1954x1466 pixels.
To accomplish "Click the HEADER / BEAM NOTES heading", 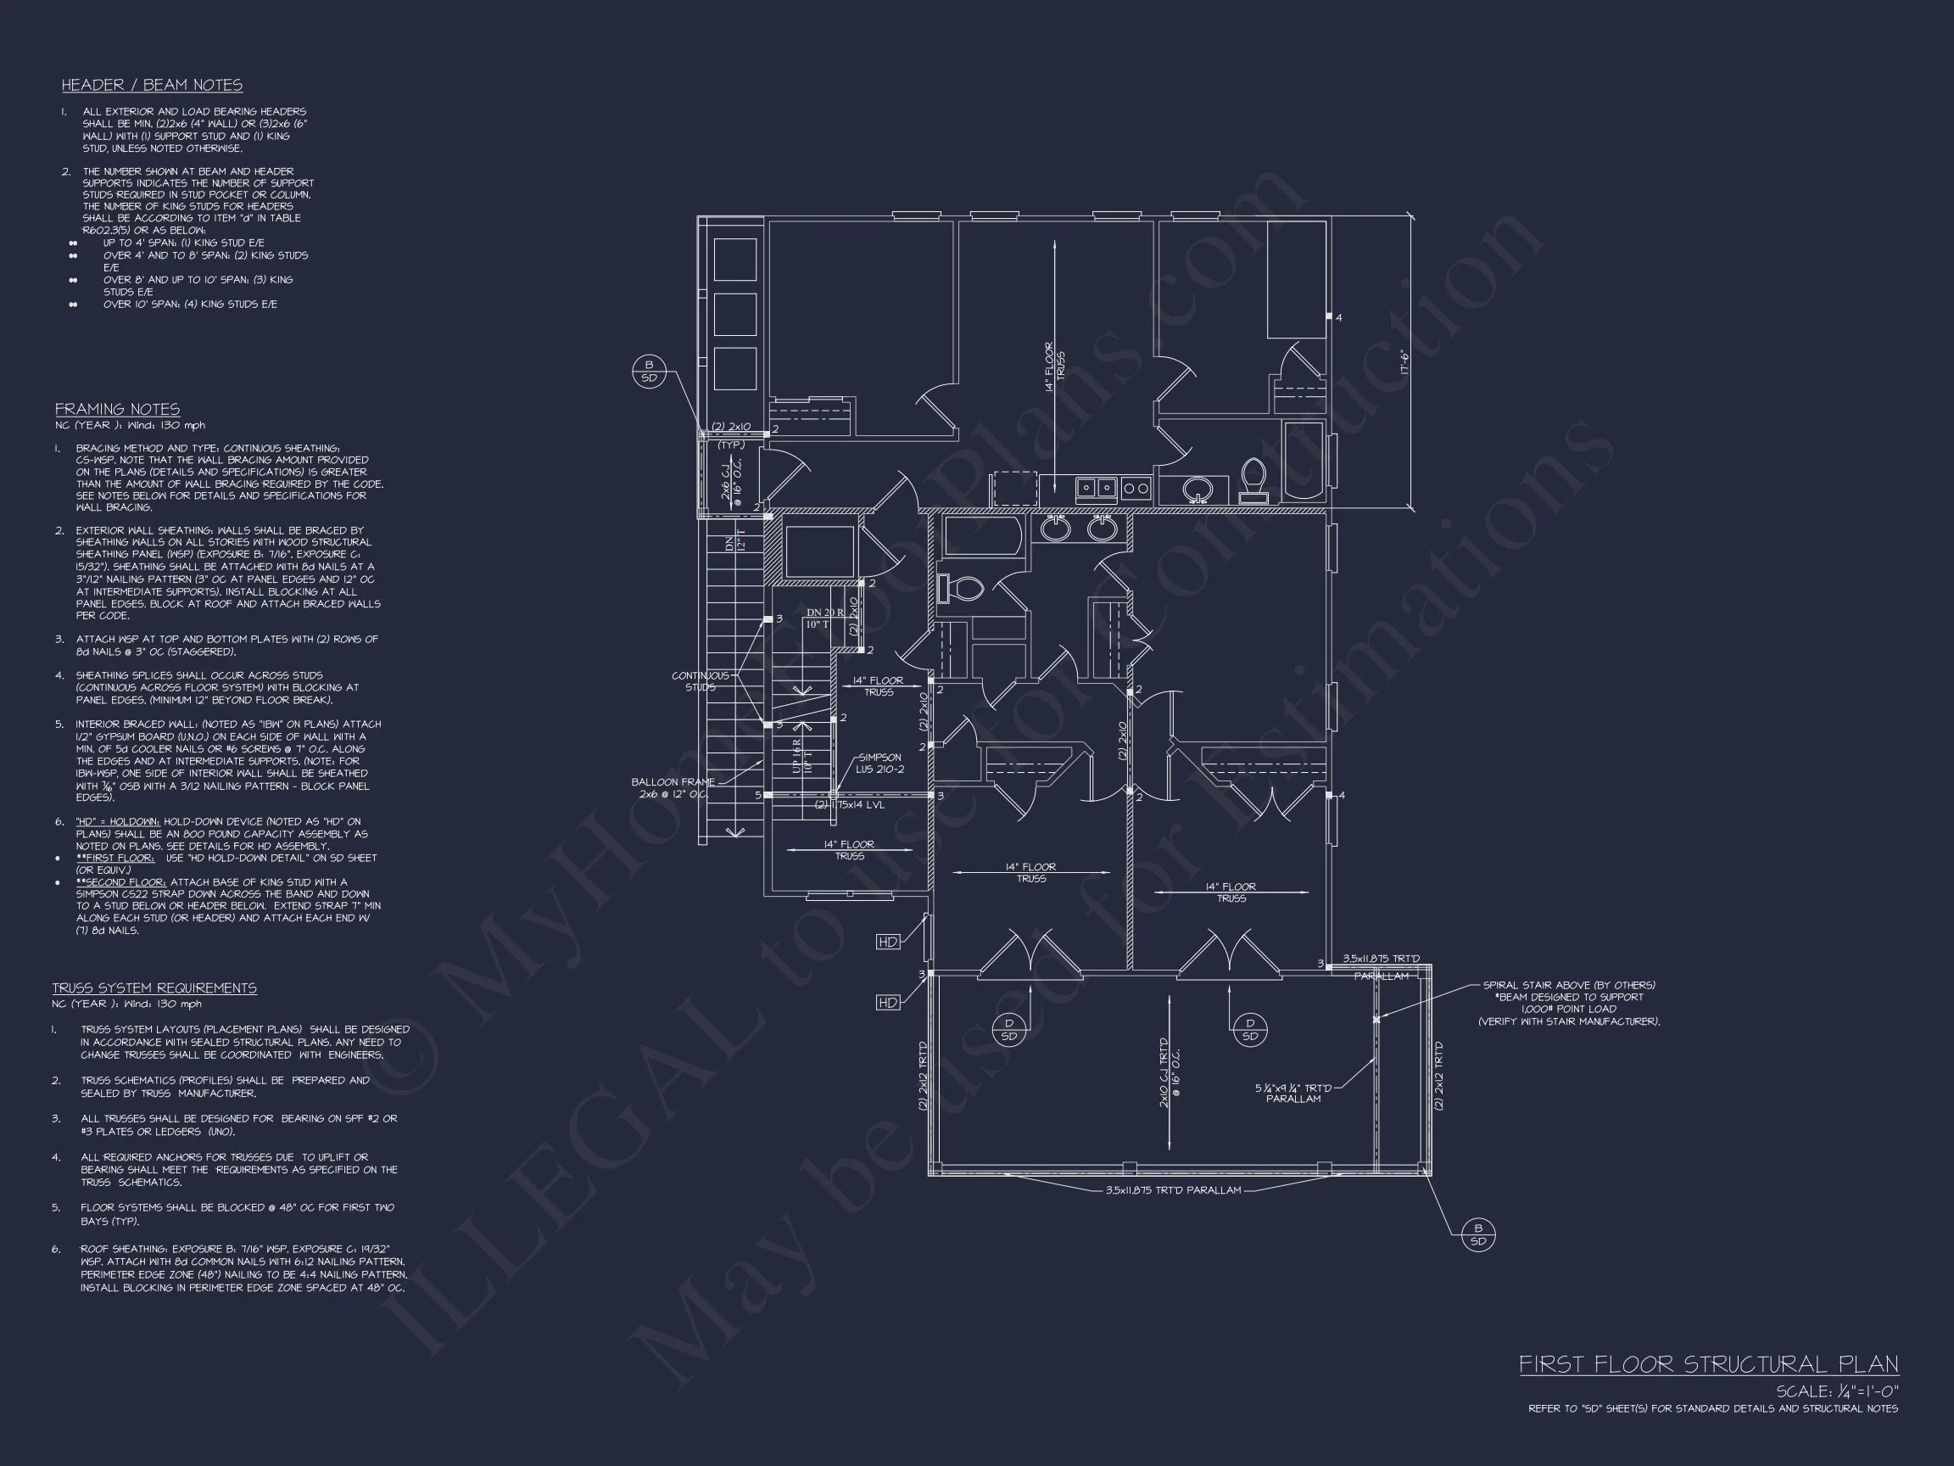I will (x=152, y=86).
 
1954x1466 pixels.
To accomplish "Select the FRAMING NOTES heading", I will (x=118, y=409).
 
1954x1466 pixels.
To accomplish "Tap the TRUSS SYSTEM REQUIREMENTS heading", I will (x=154, y=988).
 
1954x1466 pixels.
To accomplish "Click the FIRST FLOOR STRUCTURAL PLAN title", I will (x=1708, y=1364).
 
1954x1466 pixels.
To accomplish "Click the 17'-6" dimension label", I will (x=1404, y=361).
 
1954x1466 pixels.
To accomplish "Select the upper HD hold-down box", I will (x=888, y=942).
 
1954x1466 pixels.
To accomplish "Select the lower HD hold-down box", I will (x=888, y=1002).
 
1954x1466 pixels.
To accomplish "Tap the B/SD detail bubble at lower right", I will (x=1478, y=1234).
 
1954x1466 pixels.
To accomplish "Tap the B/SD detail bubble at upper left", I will (x=650, y=371).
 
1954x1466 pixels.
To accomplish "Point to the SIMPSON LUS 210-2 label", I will (x=879, y=764).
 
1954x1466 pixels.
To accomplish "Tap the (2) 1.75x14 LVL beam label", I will (x=851, y=805).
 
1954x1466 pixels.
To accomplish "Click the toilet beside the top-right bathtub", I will (x=1253, y=479).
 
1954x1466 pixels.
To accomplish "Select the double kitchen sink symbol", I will (x=1097, y=488).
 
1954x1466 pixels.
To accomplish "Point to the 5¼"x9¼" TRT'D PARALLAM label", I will (x=1293, y=1093).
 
